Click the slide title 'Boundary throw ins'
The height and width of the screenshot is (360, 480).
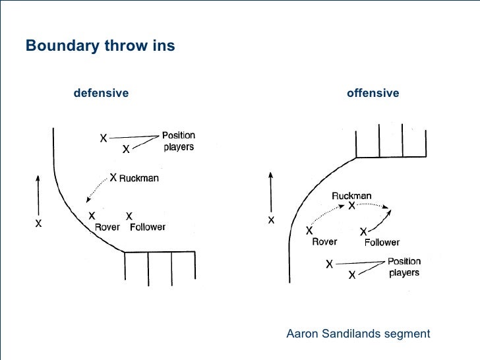pyautogui.click(x=100, y=46)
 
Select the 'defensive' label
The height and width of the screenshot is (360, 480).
pyautogui.click(x=101, y=93)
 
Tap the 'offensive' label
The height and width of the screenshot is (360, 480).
pyautogui.click(x=373, y=93)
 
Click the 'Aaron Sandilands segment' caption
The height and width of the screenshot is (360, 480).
pyautogui.click(x=358, y=334)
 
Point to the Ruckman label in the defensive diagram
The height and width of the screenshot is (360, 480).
pyautogui.click(x=139, y=178)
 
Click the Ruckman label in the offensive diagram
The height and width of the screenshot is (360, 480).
pyautogui.click(x=351, y=196)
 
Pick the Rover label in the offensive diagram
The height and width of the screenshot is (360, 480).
pyautogui.click(x=324, y=242)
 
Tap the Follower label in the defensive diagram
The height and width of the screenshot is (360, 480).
pyautogui.click(x=148, y=227)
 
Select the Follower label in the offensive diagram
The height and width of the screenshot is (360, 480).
pyautogui.click(x=382, y=243)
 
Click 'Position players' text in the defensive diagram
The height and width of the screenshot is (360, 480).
pyautogui.click(x=178, y=141)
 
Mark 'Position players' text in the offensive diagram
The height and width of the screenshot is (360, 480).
pyautogui.click(x=404, y=267)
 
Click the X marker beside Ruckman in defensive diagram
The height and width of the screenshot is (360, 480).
pyautogui.click(x=113, y=177)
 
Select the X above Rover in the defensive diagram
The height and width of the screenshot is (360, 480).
pyautogui.click(x=92, y=216)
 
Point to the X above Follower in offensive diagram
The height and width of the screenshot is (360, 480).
pyautogui.click(x=363, y=231)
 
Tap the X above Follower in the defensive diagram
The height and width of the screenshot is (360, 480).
pyautogui.click(x=129, y=216)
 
